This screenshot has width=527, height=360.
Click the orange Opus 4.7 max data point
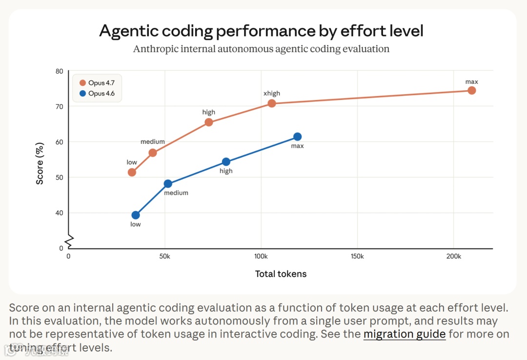click(471, 90)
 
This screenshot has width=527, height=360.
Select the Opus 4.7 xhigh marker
click(272, 103)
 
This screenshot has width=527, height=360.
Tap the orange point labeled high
click(209, 122)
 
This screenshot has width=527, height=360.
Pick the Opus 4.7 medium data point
click(153, 153)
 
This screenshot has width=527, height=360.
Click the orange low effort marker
click(132, 172)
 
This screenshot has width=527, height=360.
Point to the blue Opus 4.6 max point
click(297, 137)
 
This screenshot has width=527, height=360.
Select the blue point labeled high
click(226, 162)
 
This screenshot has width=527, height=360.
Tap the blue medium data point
click(168, 184)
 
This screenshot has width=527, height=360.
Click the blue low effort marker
click(136, 215)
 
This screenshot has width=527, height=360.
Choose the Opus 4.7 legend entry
click(97, 83)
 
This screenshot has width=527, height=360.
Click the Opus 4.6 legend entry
click(97, 94)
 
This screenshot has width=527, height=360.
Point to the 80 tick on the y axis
click(59, 71)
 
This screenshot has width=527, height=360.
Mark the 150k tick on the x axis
click(357, 257)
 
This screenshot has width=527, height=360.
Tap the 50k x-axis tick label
click(164, 257)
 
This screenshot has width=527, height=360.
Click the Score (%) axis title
click(40, 163)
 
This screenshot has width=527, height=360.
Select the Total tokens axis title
click(281, 274)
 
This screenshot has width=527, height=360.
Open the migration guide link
click(405, 334)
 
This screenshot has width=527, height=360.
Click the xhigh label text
click(272, 93)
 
